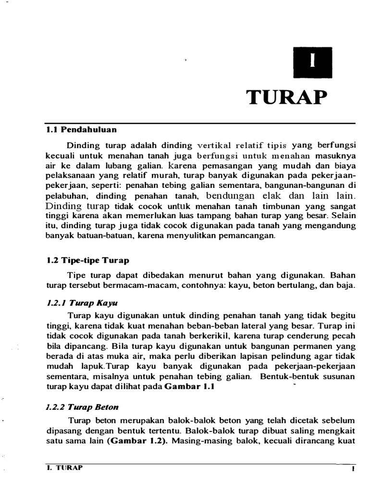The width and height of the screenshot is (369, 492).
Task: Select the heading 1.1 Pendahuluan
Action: tap(81, 130)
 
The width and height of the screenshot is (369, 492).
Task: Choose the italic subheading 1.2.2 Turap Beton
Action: tap(83, 406)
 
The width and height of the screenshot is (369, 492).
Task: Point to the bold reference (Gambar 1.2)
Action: tap(136, 440)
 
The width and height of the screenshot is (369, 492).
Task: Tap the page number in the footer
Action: tap(353, 469)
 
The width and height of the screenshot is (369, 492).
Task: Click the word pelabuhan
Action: tap(69, 196)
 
